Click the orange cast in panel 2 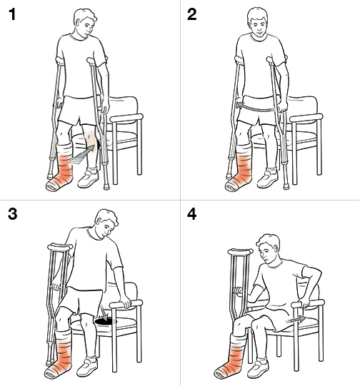pyautogui.click(x=239, y=171)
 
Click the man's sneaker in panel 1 pyautogui.click(x=88, y=179)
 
